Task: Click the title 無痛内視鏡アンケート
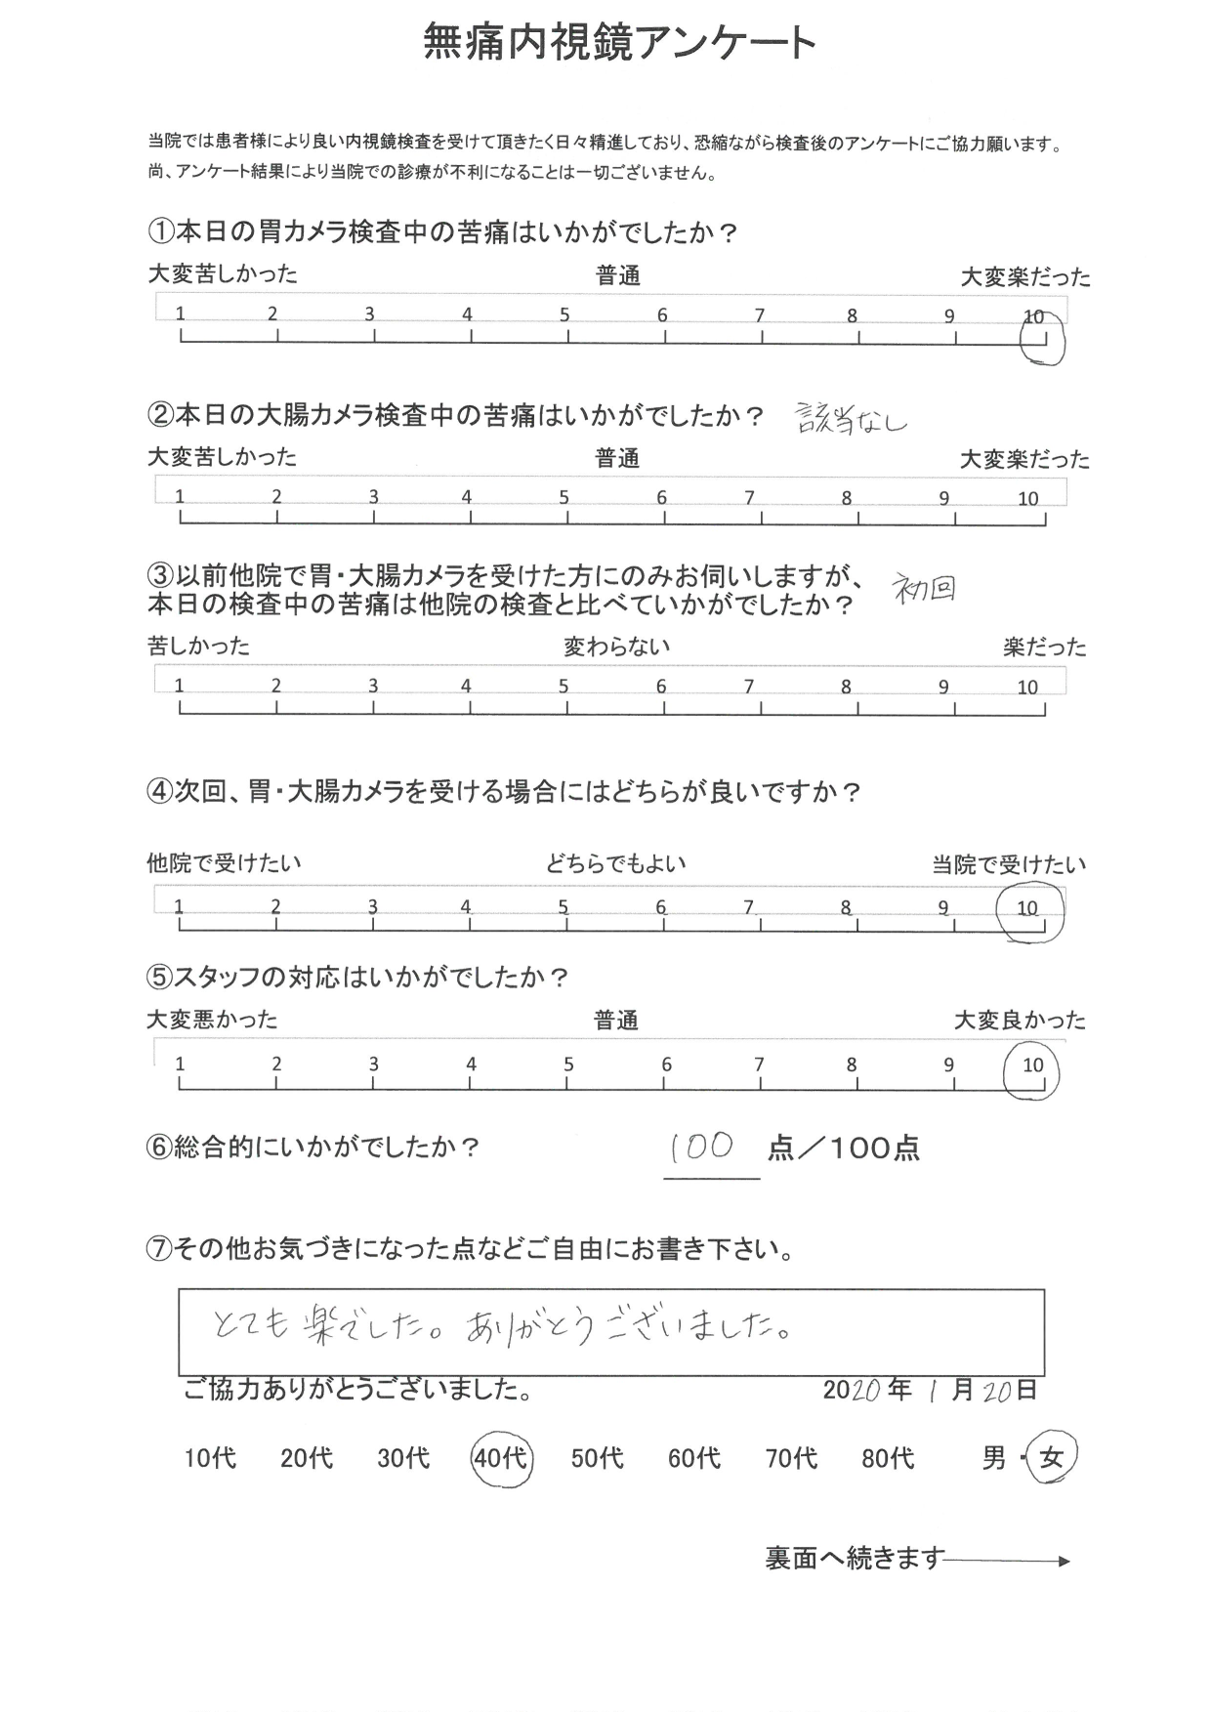point(619,43)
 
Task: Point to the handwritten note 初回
point(924,589)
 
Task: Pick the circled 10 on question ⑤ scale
point(1032,1067)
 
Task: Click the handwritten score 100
point(703,1147)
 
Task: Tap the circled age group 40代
point(501,1458)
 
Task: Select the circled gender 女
point(1051,1458)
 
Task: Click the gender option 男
point(993,1459)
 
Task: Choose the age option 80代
point(888,1459)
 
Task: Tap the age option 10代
point(210,1459)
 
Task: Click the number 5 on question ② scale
point(564,497)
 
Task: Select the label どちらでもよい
point(616,863)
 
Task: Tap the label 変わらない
point(616,647)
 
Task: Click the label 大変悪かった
point(212,1021)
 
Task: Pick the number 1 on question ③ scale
point(180,687)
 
